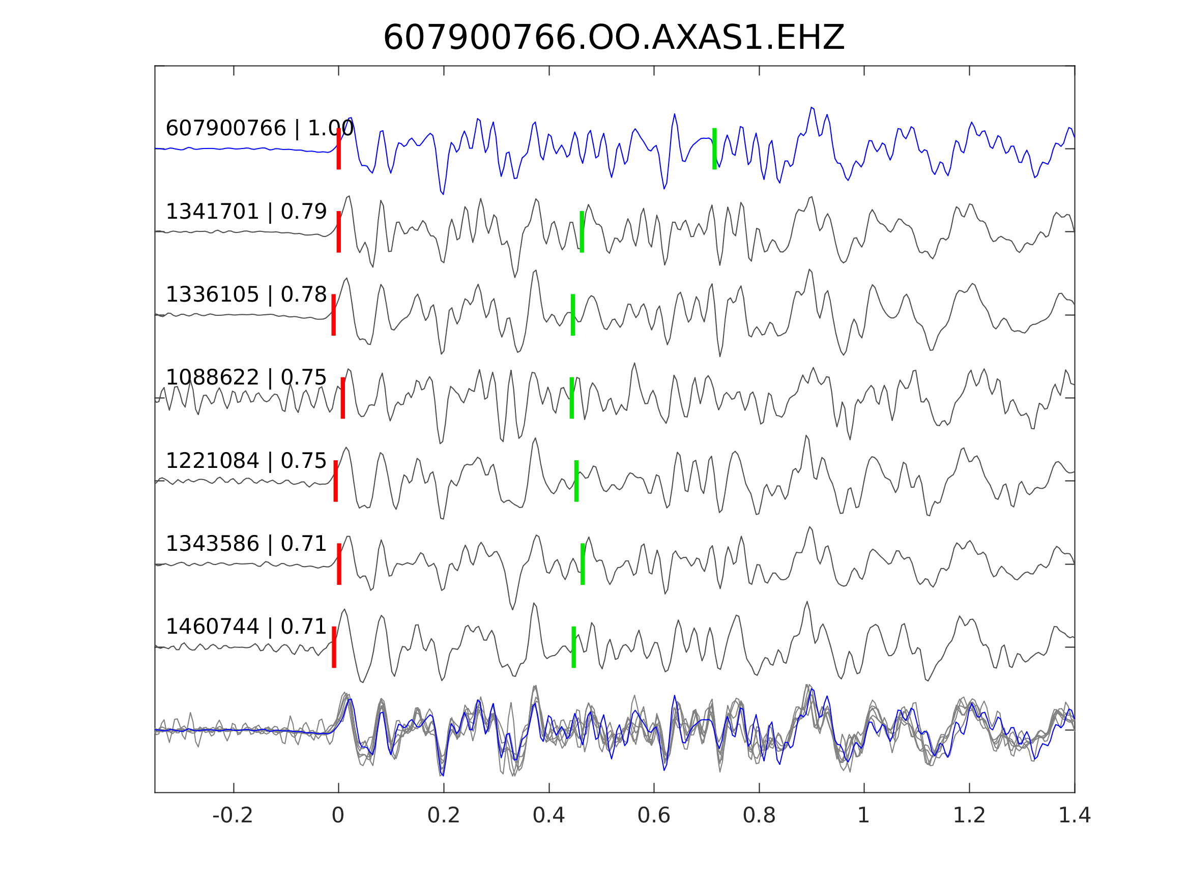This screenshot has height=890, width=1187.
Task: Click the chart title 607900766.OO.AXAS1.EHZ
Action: pos(614,38)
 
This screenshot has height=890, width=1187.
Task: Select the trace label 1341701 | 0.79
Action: pos(246,212)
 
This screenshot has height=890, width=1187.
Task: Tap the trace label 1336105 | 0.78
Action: pos(246,294)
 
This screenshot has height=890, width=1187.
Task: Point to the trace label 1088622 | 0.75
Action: pos(246,378)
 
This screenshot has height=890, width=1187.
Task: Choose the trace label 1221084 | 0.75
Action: pos(246,461)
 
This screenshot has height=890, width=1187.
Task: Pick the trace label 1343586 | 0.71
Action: pos(246,544)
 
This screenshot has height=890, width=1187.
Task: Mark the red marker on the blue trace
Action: pos(339,149)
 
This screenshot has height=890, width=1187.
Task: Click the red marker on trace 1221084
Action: pos(335,481)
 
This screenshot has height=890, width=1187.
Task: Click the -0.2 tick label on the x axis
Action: pos(233,816)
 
